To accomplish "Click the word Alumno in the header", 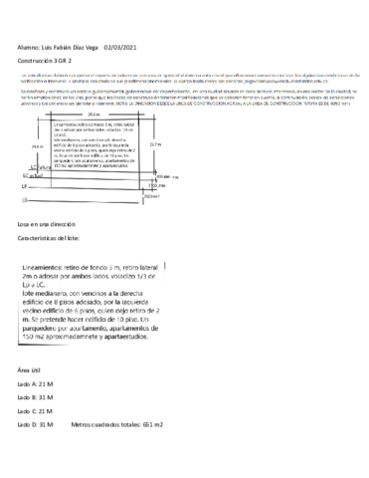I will pyautogui.click(x=32, y=46).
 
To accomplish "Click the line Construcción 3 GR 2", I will pyautogui.click(x=48, y=60).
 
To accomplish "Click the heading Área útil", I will pyautogui.click(x=29, y=369).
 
